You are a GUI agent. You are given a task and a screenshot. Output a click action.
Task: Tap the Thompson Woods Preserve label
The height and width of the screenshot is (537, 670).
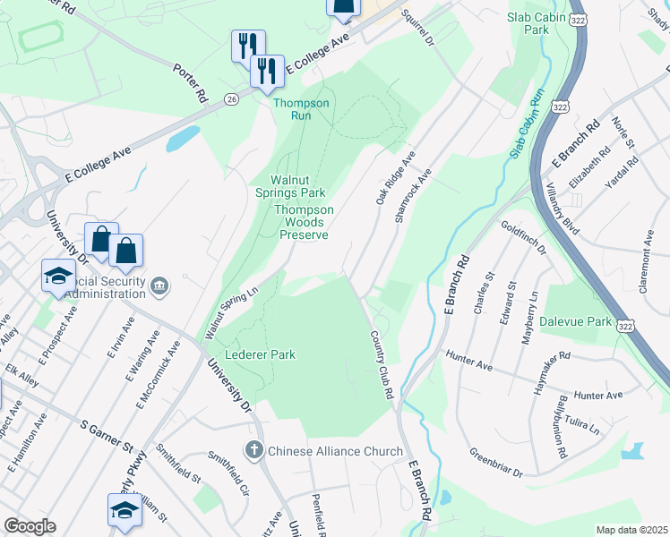point(304,222)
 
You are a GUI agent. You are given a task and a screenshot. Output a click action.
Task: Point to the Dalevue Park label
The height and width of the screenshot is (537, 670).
point(575,320)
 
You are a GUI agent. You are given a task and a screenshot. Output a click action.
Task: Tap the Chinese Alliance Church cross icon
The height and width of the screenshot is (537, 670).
point(254,450)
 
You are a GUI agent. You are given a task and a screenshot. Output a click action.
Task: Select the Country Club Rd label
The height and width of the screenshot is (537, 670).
point(382,364)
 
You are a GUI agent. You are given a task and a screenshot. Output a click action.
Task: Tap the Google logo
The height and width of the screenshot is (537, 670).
point(29,526)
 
